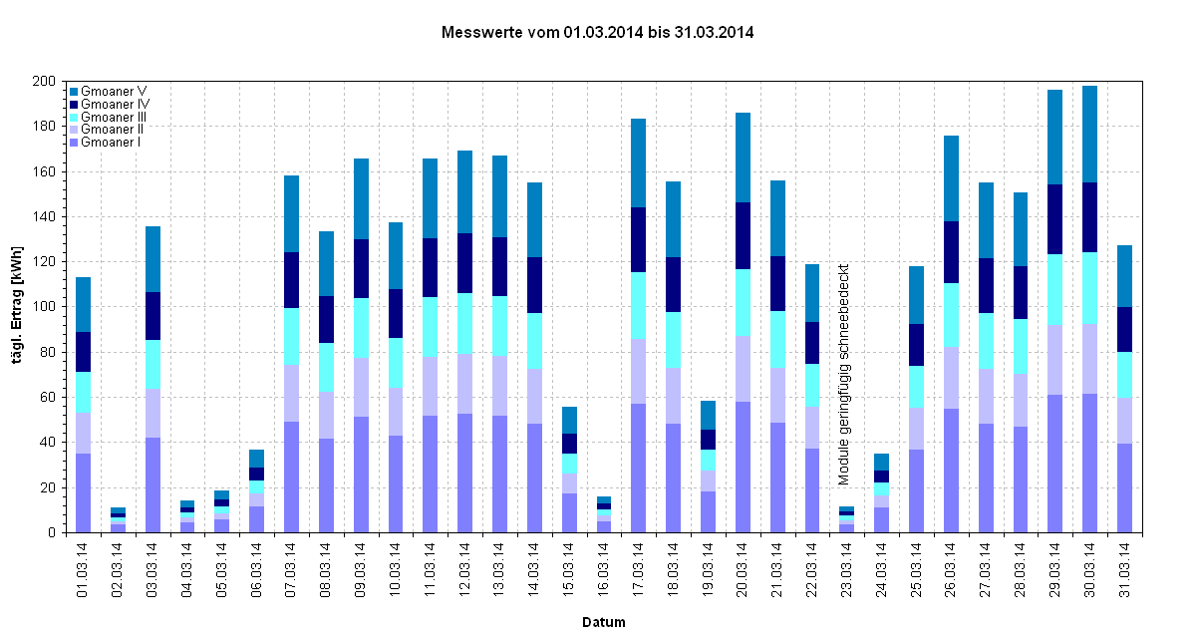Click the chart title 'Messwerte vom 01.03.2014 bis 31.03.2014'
pyautogui.click(x=597, y=33)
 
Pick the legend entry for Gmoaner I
pyautogui.click(x=110, y=143)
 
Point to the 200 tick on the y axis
pyautogui.click(x=46, y=81)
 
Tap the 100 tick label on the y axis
pyautogui.click(x=46, y=307)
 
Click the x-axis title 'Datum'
pyautogui.click(x=604, y=622)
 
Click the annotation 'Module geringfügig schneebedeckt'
pyautogui.click(x=843, y=374)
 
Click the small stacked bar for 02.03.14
pyautogui.click(x=118, y=520)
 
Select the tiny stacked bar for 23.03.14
pyautogui.click(x=847, y=519)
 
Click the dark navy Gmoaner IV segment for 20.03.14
pyautogui.click(x=743, y=235)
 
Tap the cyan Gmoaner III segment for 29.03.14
pyautogui.click(x=1055, y=289)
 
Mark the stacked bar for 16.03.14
pyautogui.click(x=604, y=514)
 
